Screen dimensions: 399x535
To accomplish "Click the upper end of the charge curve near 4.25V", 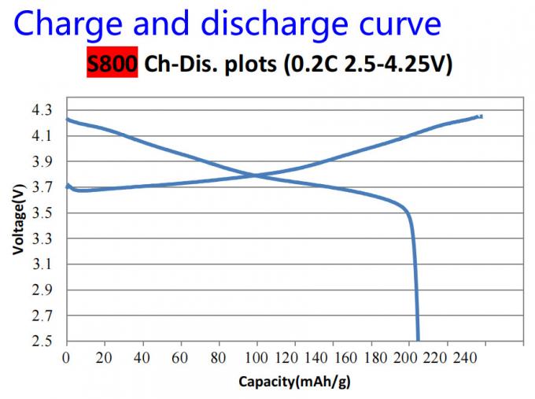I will [480, 116].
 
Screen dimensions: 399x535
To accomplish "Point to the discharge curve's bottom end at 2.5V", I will [417, 339].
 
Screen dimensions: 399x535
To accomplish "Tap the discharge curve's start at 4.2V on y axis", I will [68, 120].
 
